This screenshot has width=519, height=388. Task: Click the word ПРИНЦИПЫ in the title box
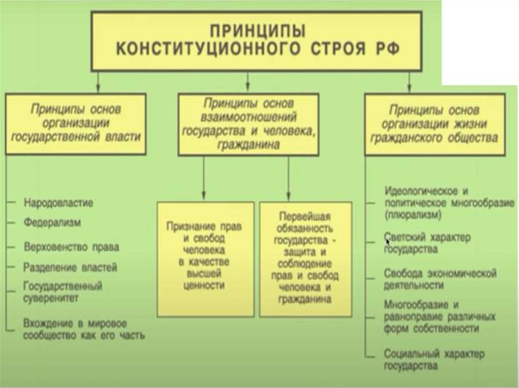tap(258, 31)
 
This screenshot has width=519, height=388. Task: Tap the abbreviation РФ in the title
tap(387, 50)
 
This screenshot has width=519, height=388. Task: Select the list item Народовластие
tap(58, 203)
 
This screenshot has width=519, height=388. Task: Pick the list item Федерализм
tap(52, 222)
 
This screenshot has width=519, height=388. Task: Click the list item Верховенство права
tap(71, 247)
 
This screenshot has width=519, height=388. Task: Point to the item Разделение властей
tap(70, 267)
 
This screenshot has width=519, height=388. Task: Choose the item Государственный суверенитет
tap(62, 292)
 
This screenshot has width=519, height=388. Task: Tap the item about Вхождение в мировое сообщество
tap(84, 329)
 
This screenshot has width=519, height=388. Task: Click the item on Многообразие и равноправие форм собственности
tap(439, 317)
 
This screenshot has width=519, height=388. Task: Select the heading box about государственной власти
tap(76, 123)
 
